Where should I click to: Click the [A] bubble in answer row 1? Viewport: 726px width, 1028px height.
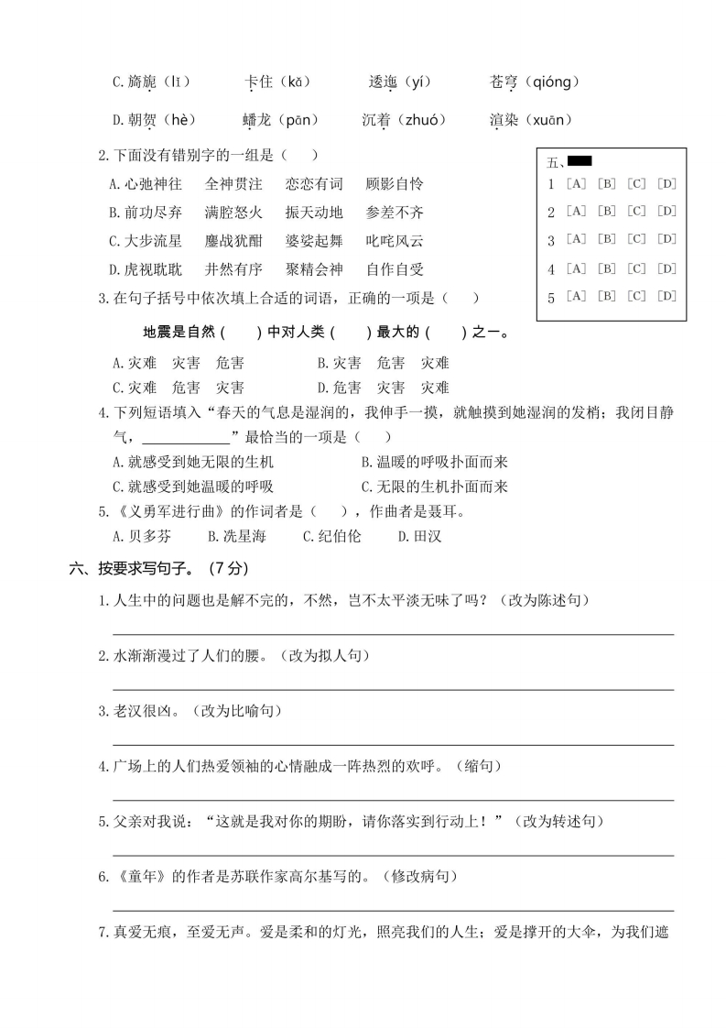577,183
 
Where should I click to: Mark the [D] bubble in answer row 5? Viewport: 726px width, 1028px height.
666,296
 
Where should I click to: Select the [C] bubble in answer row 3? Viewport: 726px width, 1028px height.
636,240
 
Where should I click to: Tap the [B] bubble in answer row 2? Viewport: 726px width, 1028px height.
606,212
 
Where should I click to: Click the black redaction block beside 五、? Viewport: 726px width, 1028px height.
580,161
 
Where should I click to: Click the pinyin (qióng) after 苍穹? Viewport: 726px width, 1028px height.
550,82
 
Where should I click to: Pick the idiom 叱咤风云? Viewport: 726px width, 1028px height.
394,241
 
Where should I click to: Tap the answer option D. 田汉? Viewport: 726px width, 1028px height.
419,536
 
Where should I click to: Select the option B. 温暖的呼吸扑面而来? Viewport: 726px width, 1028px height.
434,462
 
